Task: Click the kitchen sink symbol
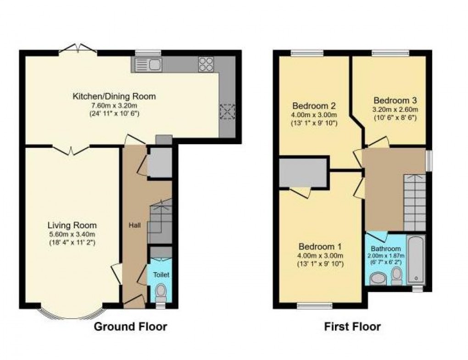tap(147, 64)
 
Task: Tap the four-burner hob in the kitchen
tap(206, 64)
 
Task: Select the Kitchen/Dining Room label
tap(114, 96)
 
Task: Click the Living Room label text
tap(72, 225)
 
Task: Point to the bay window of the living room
tap(72, 314)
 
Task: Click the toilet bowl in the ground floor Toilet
tap(161, 291)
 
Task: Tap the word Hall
tap(135, 225)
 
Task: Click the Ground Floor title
tap(131, 327)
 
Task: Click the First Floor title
tap(352, 327)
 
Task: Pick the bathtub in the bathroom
tap(416, 259)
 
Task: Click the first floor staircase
tap(414, 202)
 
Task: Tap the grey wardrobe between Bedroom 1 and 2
tap(303, 173)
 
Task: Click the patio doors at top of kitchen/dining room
tap(78, 49)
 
